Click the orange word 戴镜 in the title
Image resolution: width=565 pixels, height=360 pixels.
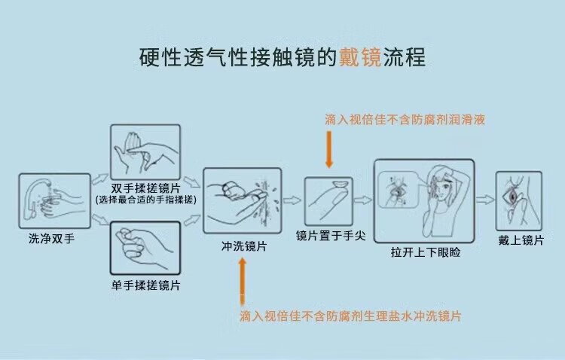pyautogui.click(x=360, y=57)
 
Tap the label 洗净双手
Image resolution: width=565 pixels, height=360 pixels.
pyautogui.click(x=51, y=239)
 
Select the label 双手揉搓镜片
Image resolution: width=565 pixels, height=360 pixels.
pyautogui.click(x=145, y=188)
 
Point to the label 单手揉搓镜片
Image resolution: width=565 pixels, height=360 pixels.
pyautogui.click(x=145, y=285)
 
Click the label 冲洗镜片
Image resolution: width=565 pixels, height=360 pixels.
pyautogui.click(x=244, y=246)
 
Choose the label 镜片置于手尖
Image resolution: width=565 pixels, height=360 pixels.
pyautogui.click(x=331, y=236)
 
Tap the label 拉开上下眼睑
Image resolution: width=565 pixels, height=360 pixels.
pyautogui.click(x=426, y=252)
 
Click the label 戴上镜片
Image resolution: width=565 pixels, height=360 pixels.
pyautogui.click(x=521, y=240)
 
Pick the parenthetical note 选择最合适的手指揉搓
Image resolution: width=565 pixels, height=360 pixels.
pyautogui.click(x=146, y=200)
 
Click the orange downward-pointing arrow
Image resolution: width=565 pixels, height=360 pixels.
pyautogui.click(x=329, y=150)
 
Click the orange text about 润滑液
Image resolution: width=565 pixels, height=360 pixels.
pyautogui.click(x=405, y=119)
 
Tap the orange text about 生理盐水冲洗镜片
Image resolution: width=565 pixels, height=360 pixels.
pyautogui.click(x=350, y=316)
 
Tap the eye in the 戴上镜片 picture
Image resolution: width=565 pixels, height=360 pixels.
pyautogui.click(x=512, y=197)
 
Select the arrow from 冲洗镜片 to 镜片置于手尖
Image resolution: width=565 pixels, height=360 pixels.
pyautogui.click(x=292, y=200)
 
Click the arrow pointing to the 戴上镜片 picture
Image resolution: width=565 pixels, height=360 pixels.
pyautogui.click(x=485, y=200)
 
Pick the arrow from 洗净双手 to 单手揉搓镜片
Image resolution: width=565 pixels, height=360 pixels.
pyautogui.click(x=100, y=219)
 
